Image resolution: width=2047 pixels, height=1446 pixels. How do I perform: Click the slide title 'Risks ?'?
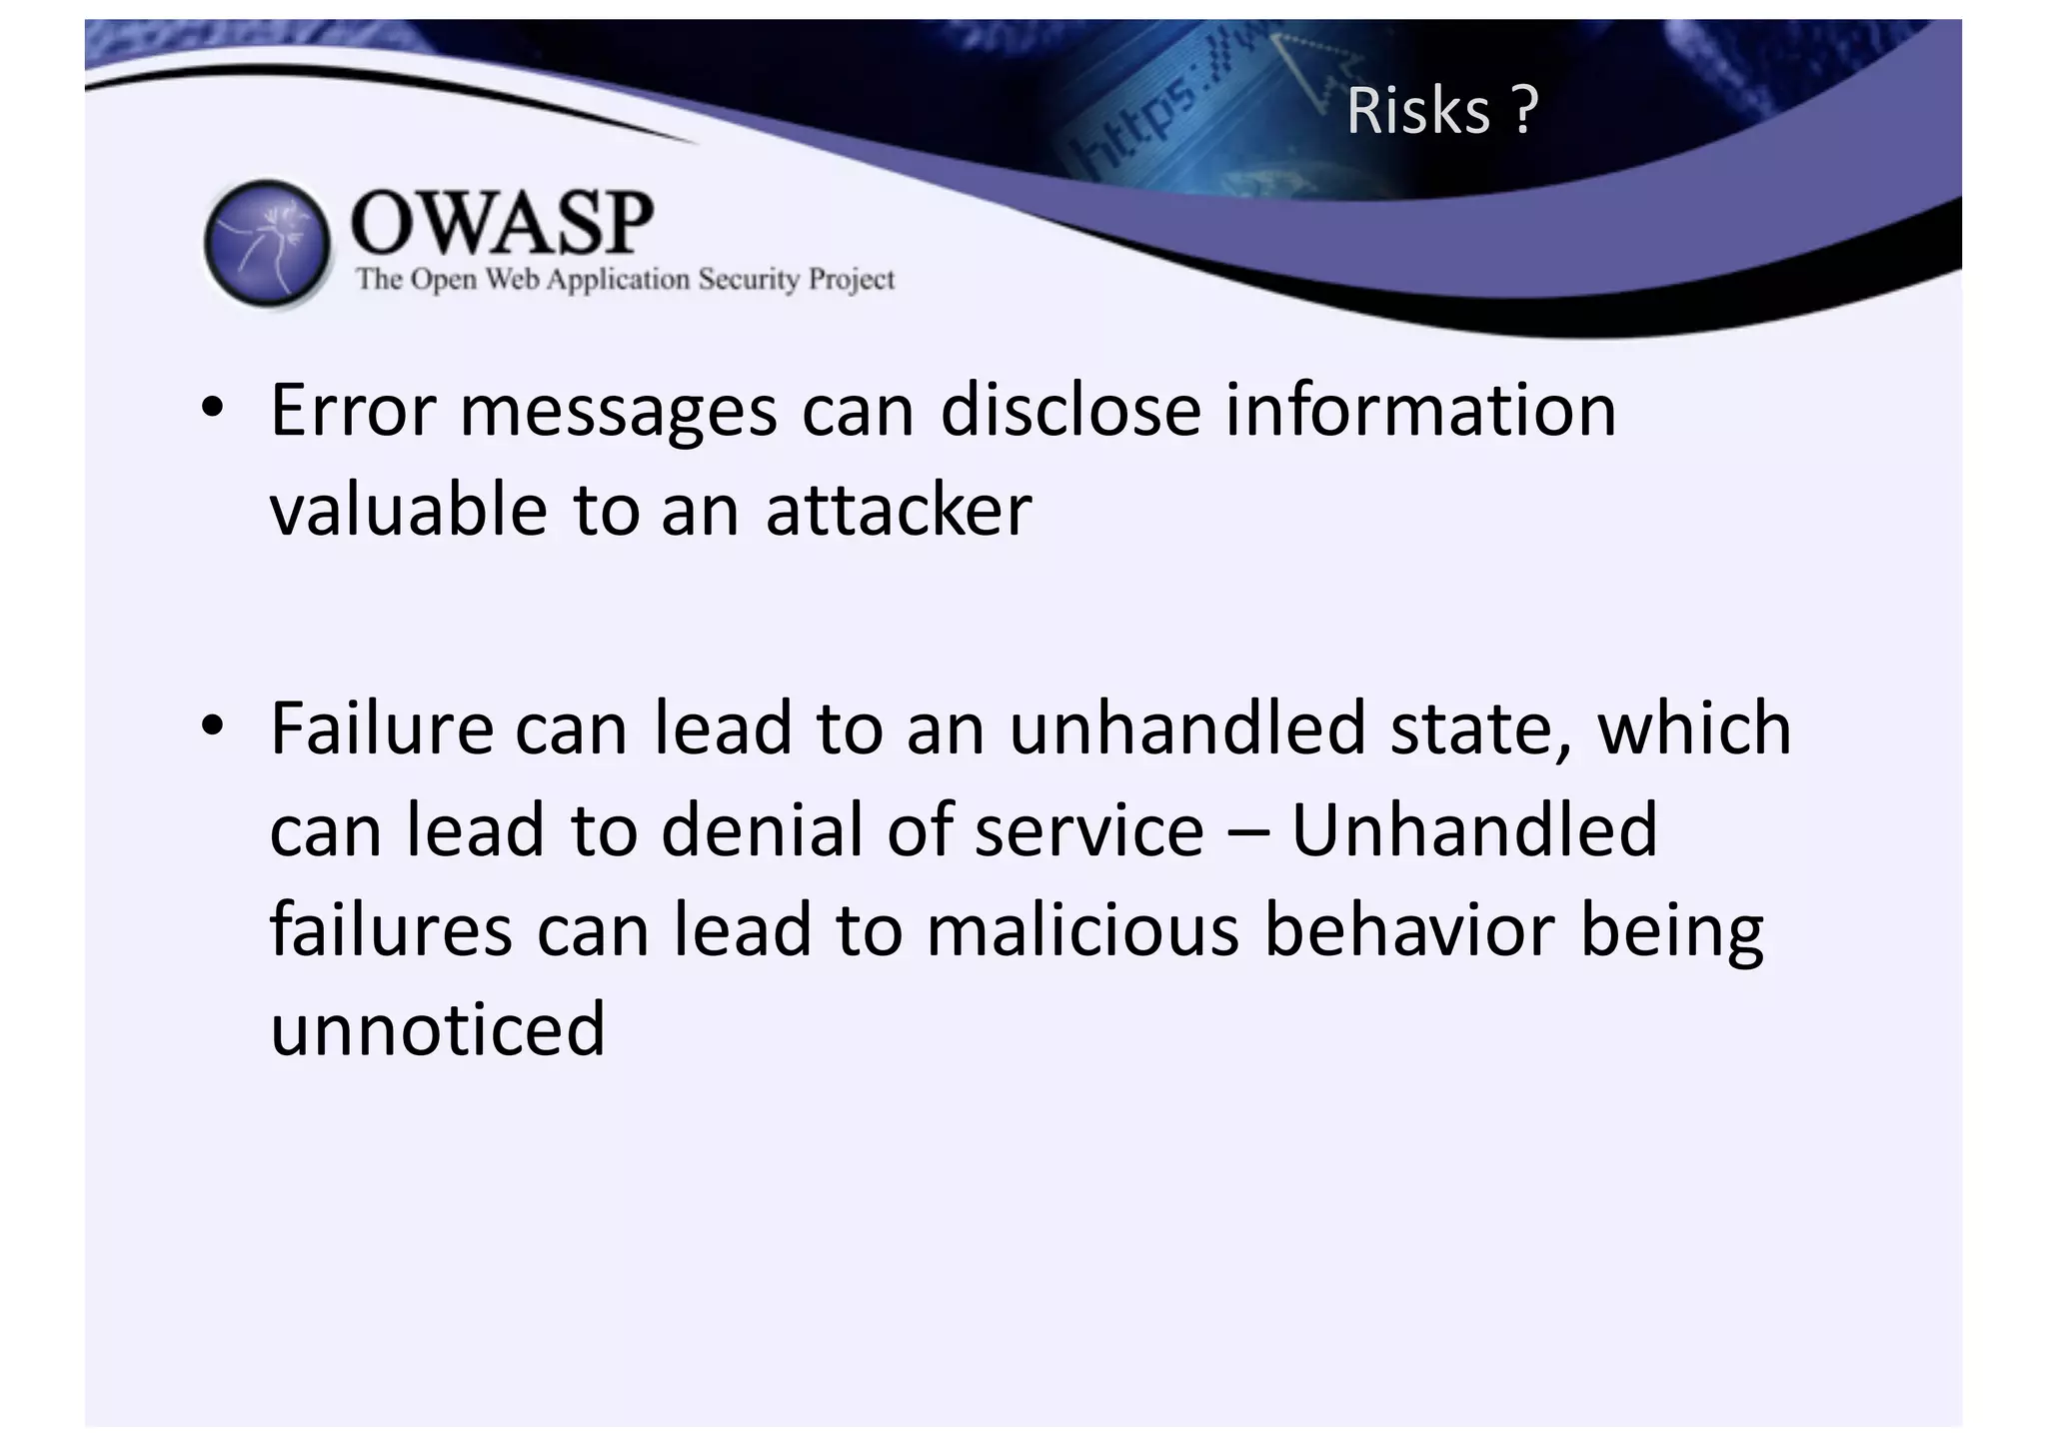click(x=1440, y=111)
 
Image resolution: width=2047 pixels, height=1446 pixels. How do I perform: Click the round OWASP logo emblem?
click(x=267, y=243)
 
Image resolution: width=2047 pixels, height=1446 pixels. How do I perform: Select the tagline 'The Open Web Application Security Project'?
click(x=626, y=279)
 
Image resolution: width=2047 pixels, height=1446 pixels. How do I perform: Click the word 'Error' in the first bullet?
click(x=353, y=411)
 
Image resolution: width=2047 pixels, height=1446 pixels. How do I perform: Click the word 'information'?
click(x=1420, y=411)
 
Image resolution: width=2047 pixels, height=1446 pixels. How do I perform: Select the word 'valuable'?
click(x=409, y=511)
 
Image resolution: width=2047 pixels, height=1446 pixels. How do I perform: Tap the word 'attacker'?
click(x=898, y=511)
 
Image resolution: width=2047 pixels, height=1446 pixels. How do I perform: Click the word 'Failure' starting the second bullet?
click(x=382, y=728)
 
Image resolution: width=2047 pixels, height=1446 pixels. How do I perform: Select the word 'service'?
click(x=1089, y=831)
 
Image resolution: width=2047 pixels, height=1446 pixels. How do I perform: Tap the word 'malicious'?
click(x=1082, y=930)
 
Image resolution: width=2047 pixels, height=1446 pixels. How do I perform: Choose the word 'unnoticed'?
click(x=438, y=1029)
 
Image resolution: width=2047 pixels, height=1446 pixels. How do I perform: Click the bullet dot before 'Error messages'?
click(x=211, y=409)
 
